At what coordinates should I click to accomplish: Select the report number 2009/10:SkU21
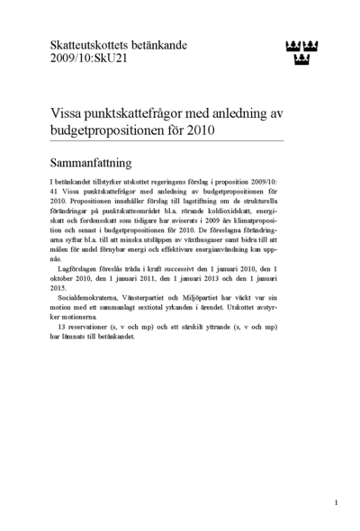(x=80, y=59)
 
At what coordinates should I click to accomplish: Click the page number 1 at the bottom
(x=336, y=501)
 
